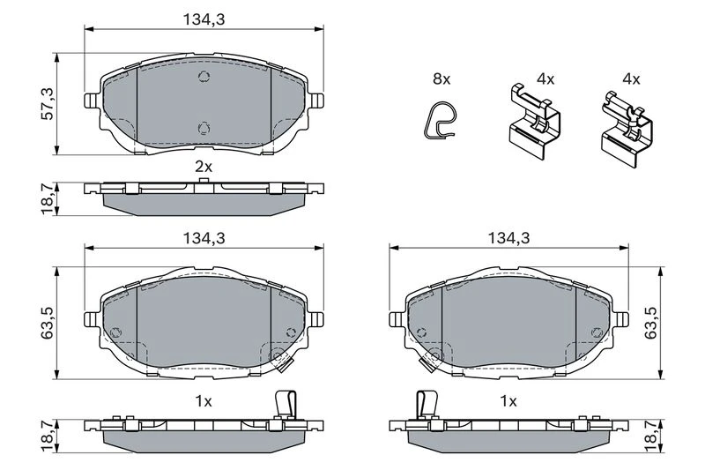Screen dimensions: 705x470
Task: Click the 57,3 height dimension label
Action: coord(48,103)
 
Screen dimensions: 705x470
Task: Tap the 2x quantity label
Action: coord(204,168)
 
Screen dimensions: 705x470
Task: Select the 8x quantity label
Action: coord(442,79)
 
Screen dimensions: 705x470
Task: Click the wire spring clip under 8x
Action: coord(439,120)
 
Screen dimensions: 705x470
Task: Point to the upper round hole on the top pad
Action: coord(204,77)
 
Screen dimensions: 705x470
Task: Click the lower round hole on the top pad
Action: coord(204,129)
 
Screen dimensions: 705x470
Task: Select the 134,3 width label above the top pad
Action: coord(204,19)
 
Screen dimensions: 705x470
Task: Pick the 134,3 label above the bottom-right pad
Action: coord(509,238)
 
